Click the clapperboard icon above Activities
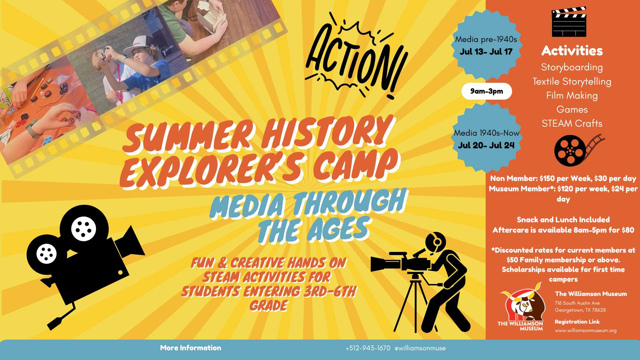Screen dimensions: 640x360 [569, 22]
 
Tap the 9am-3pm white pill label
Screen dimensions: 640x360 [487, 91]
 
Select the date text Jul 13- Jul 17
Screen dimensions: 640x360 [486, 52]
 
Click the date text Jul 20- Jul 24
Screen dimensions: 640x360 [486, 145]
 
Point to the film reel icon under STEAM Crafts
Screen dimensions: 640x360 [579, 150]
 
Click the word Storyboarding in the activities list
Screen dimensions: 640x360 [572, 67]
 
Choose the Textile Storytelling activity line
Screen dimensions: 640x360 [572, 81]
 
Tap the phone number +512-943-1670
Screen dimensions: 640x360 [368, 348]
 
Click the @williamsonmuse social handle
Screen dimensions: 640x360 [420, 348]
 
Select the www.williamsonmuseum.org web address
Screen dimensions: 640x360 [586, 330]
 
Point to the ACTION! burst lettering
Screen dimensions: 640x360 [356, 56]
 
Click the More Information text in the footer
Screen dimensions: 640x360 [191, 348]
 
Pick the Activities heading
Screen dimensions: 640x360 [572, 51]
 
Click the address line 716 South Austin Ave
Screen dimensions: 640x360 [577, 303]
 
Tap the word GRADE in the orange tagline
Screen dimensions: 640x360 [269, 306]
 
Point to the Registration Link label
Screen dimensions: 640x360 [577, 322]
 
